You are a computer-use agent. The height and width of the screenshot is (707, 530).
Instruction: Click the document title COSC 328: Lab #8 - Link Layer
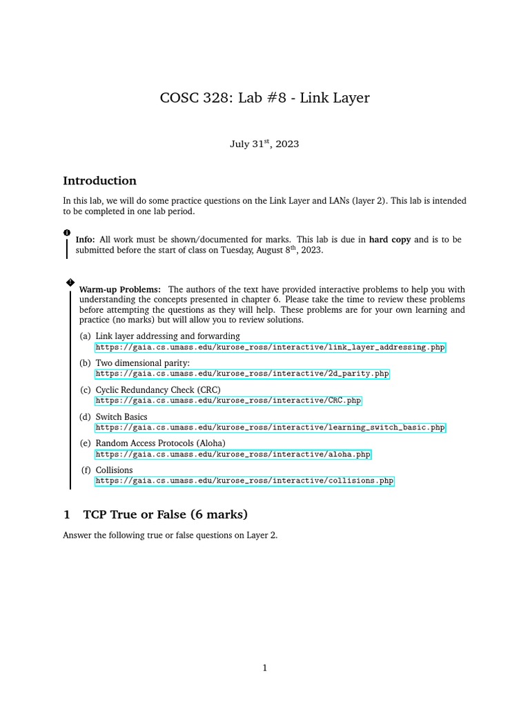point(264,98)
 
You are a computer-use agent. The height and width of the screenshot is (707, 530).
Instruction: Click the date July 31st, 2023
point(264,144)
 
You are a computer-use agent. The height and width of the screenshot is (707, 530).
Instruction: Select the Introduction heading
point(99,181)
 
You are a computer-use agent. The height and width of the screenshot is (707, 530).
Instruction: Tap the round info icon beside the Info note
point(67,233)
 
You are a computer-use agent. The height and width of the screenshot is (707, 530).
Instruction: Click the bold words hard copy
point(390,240)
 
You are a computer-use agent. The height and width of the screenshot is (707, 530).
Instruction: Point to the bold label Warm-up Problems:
point(120,289)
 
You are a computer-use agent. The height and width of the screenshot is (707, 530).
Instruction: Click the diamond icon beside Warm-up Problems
point(70,282)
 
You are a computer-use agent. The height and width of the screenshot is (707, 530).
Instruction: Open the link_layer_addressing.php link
point(271,347)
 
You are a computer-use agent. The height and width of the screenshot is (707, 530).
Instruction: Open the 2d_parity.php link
point(242,374)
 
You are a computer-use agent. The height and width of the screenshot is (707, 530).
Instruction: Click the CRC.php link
point(228,400)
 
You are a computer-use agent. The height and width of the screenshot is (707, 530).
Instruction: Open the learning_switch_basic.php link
point(271,427)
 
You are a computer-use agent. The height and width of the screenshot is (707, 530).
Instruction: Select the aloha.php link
point(233,454)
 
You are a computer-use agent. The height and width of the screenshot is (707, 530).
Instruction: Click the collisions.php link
point(244,481)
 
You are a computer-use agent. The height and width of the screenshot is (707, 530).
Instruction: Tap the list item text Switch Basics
point(121,417)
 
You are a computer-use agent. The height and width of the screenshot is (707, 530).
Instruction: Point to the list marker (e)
point(85,443)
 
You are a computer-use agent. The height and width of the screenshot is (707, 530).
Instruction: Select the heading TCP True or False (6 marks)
point(165,514)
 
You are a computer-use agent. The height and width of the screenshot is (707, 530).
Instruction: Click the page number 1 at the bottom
point(264,668)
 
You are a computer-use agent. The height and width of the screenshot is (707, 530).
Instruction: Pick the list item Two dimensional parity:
point(142,363)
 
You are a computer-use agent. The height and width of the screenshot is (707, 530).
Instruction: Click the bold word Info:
point(86,240)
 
